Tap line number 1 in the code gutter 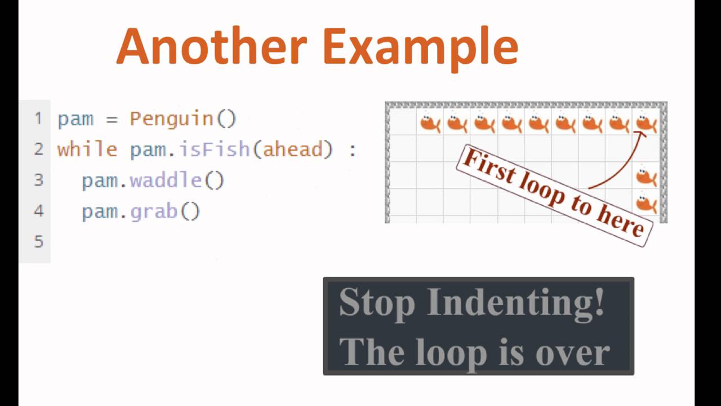click(38, 118)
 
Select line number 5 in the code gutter click(38, 242)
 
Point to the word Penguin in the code click(172, 119)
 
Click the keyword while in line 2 click(87, 149)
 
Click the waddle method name click(166, 180)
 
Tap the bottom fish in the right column click(646, 203)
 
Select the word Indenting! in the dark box click(515, 302)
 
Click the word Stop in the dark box click(377, 302)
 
